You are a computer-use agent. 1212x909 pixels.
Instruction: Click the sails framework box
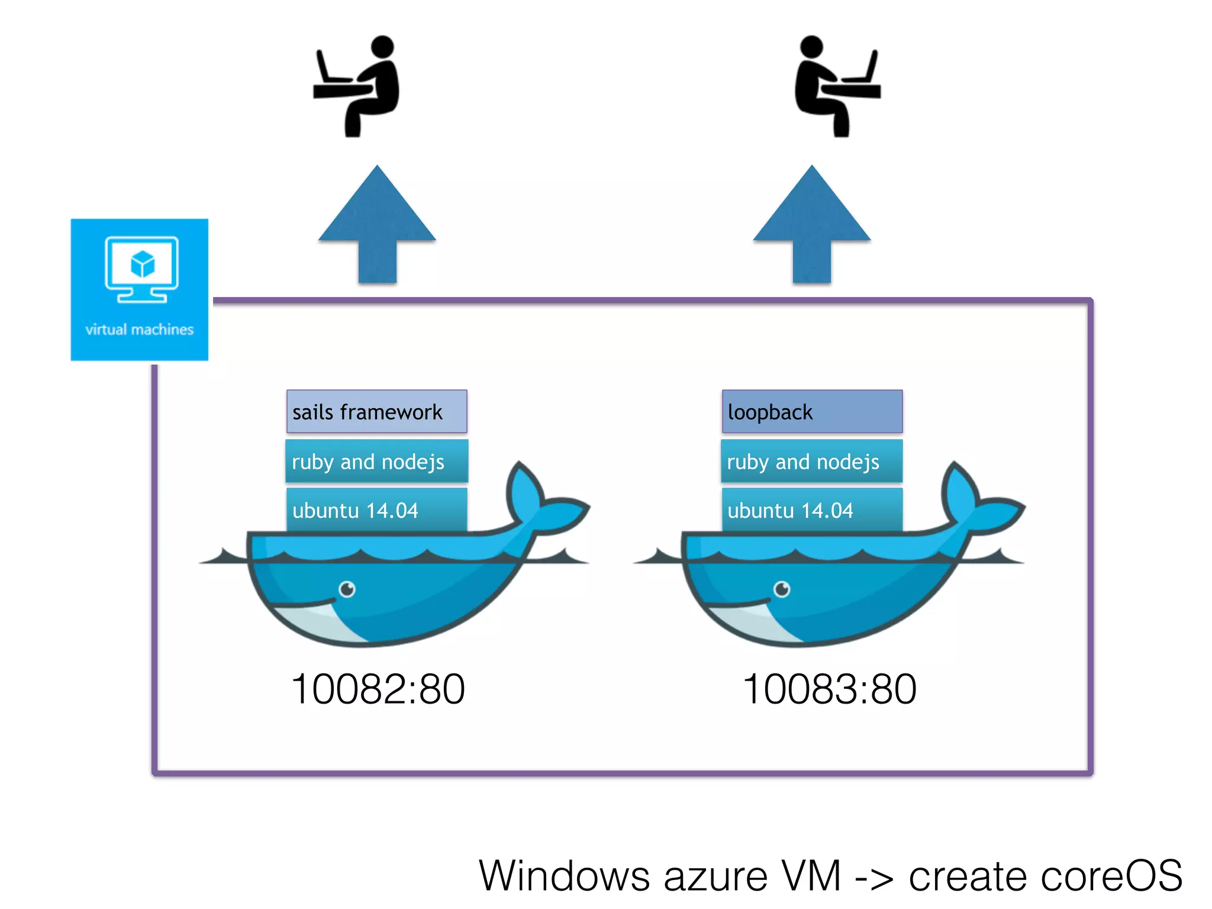pos(376,411)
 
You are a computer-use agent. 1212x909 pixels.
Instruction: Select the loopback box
pos(811,411)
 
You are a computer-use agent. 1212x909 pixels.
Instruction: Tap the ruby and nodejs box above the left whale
pos(376,461)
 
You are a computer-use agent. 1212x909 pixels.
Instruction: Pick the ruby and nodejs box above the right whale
pos(811,461)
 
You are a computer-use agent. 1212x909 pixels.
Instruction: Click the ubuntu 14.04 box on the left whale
pos(376,510)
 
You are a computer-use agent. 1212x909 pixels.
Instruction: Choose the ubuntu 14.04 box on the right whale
pos(811,510)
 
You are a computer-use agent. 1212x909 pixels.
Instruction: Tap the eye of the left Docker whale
pos(347,589)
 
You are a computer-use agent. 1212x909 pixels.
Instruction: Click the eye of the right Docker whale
pos(782,589)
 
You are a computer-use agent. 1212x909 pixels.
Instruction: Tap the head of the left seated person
pos(382,47)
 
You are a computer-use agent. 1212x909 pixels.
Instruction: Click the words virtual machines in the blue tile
pos(139,330)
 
